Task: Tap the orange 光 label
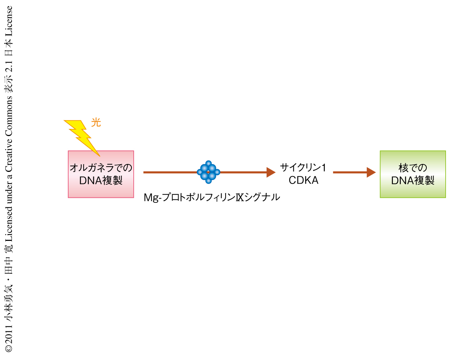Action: click(96, 123)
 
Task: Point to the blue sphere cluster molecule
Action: click(208, 172)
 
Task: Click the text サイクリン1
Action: click(303, 167)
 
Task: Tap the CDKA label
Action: click(304, 180)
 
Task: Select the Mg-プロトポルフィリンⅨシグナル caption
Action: click(212, 198)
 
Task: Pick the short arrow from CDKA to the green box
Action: click(354, 172)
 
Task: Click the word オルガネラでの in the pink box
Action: click(101, 168)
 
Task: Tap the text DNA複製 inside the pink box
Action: click(101, 180)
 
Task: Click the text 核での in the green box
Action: click(413, 168)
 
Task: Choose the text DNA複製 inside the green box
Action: click(413, 180)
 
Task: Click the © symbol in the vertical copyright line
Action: click(9, 348)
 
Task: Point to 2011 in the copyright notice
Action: click(9, 332)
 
